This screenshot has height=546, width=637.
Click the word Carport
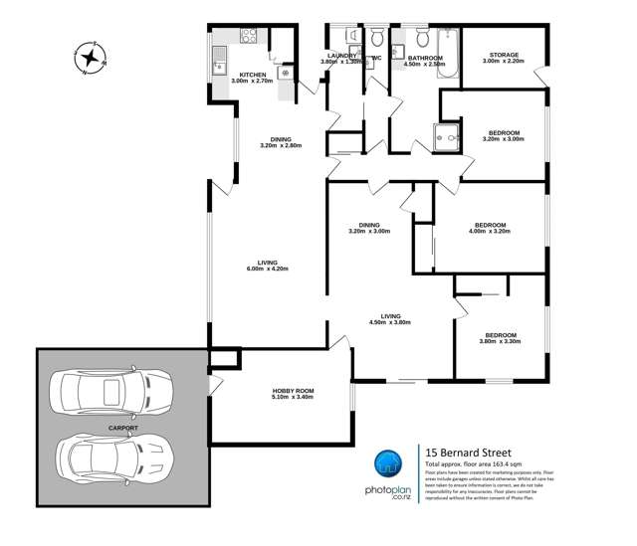click(x=123, y=427)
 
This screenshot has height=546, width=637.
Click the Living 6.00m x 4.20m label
click(x=266, y=267)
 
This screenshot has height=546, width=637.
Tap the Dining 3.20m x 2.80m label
click(x=280, y=142)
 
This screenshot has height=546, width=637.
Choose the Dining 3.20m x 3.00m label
click(x=369, y=228)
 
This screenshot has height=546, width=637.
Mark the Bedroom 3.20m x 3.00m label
click(x=504, y=136)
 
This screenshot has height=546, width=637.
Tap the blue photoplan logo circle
click(x=389, y=465)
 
